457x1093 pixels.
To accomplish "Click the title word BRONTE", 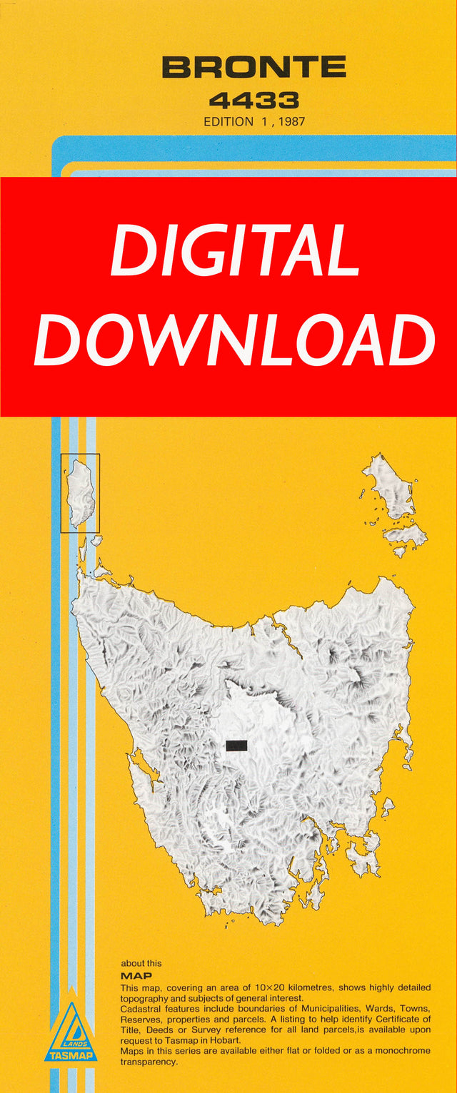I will (x=253, y=68).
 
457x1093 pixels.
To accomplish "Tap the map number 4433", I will (x=253, y=100).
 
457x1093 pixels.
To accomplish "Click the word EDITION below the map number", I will (x=228, y=121).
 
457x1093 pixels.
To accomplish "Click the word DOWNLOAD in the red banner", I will (x=235, y=340).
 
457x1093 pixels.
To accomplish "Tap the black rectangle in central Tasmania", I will (x=236, y=746).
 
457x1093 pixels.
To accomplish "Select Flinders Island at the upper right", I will (x=389, y=489).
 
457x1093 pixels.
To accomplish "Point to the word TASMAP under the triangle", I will (x=71, y=1055).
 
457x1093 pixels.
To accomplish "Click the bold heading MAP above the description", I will (x=136, y=975).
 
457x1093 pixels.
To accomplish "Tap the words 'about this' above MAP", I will (x=141, y=963).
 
